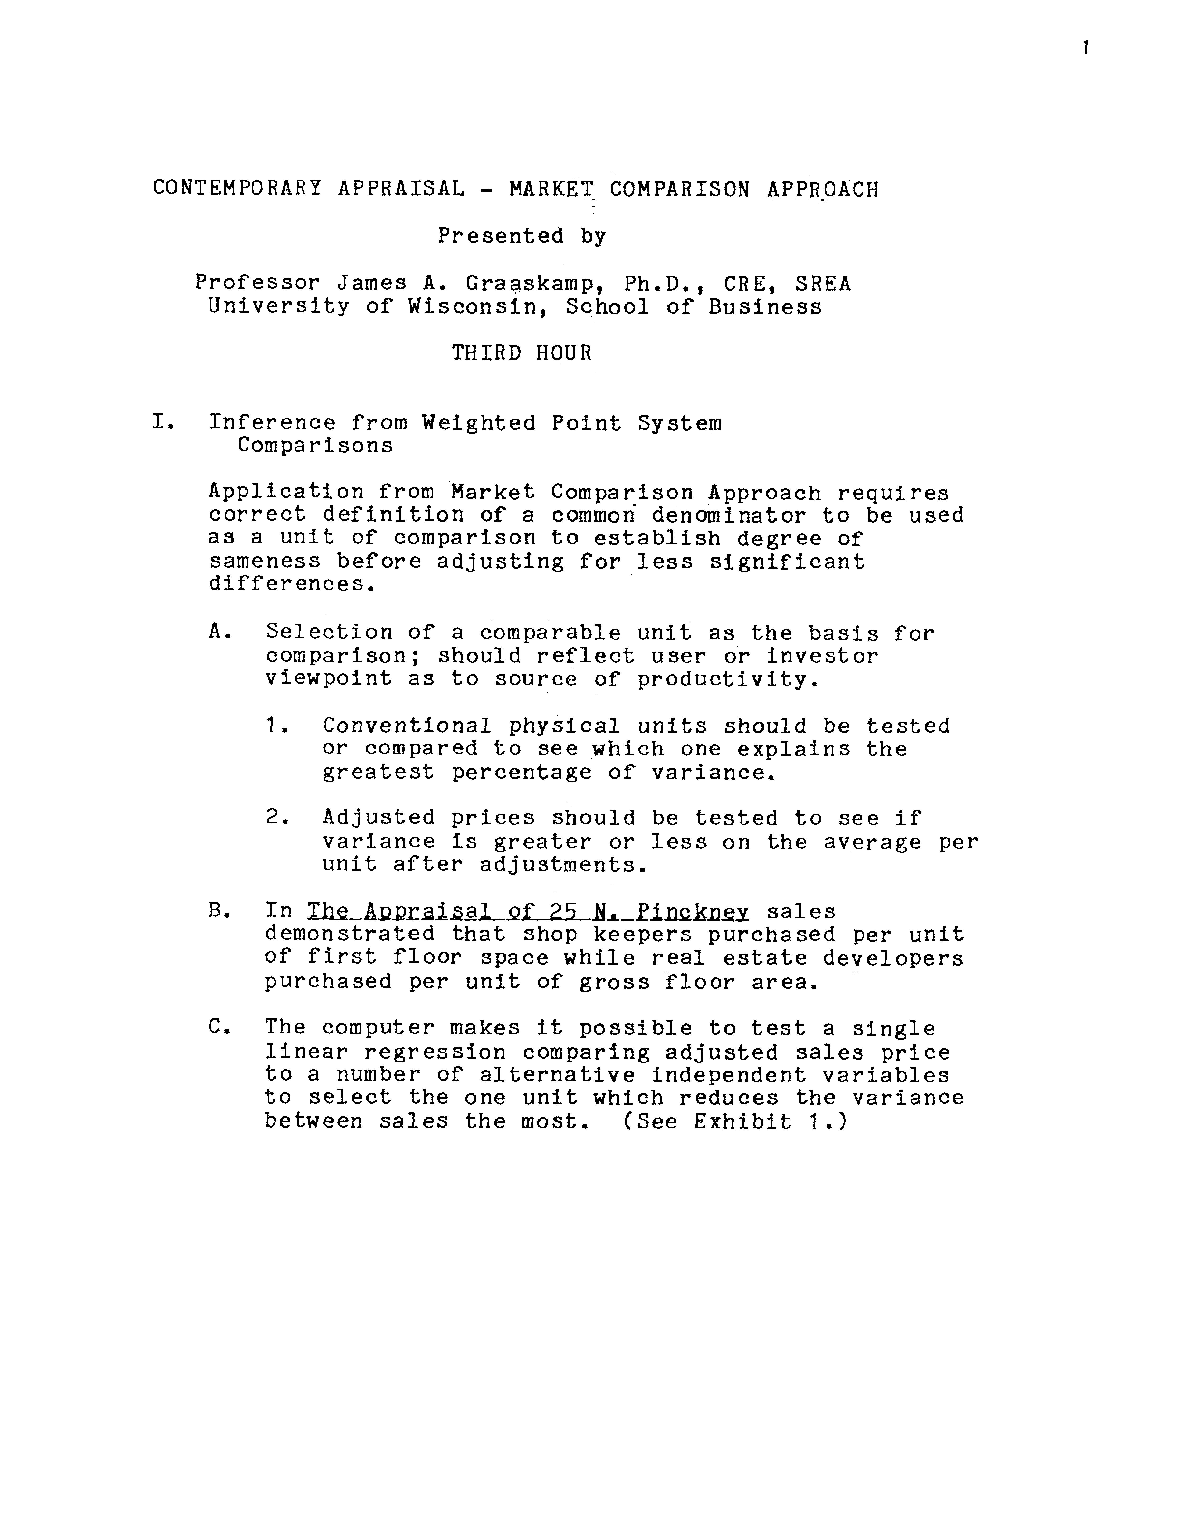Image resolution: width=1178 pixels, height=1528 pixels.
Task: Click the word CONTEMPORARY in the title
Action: coord(237,189)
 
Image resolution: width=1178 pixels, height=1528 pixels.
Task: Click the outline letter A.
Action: coord(219,632)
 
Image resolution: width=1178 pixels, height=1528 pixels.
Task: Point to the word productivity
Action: coord(727,679)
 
